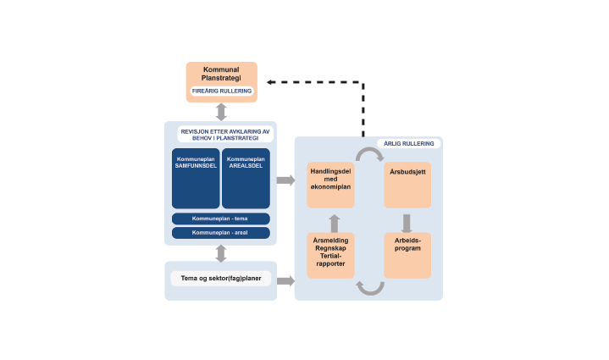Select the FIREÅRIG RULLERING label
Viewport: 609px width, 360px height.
click(221, 91)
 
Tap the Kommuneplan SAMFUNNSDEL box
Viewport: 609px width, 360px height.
click(196, 178)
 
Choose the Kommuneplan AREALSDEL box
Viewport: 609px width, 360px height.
click(246, 178)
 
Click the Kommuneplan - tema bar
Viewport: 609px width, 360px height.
click(220, 218)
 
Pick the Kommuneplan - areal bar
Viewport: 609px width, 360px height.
click(220, 232)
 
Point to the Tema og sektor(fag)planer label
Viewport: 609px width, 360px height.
click(220, 278)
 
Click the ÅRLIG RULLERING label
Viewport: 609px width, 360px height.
click(408, 144)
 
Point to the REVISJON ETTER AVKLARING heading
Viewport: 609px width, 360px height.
click(224, 135)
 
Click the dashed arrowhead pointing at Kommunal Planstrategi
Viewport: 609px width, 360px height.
click(270, 82)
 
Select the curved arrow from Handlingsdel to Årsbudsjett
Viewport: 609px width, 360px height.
click(368, 154)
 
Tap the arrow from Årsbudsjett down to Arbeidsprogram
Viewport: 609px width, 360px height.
click(407, 222)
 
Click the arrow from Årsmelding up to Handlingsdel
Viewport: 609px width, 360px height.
click(334, 223)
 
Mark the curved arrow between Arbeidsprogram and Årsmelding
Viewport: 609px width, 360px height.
click(369, 287)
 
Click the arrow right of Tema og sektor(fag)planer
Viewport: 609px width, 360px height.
click(285, 280)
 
